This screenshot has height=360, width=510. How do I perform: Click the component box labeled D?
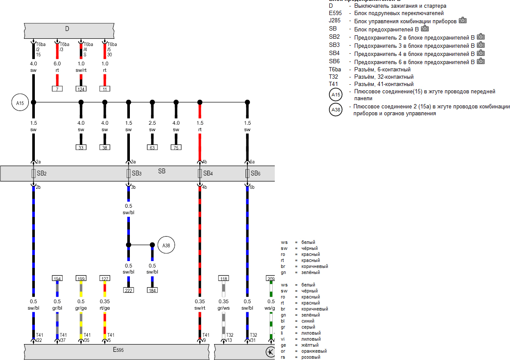(x=67, y=29)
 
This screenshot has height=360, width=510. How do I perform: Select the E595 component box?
(x=118, y=350)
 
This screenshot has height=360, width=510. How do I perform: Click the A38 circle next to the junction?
(x=166, y=245)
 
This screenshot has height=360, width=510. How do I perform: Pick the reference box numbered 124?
(x=81, y=89)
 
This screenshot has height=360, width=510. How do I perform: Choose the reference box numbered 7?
(x=57, y=89)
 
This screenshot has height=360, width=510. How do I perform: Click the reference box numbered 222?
(x=128, y=290)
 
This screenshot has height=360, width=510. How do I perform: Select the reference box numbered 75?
(x=176, y=148)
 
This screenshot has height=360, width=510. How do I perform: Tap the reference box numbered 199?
(x=81, y=278)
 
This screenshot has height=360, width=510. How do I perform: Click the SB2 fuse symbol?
(x=34, y=173)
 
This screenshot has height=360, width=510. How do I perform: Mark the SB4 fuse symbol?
(x=200, y=173)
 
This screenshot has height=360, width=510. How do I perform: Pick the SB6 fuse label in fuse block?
(x=255, y=174)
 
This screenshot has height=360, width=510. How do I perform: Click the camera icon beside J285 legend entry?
(x=462, y=20)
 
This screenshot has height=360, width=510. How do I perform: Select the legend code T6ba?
(x=335, y=69)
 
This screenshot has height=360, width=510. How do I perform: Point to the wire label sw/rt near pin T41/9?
(x=200, y=308)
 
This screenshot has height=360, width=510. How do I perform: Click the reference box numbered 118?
(x=224, y=278)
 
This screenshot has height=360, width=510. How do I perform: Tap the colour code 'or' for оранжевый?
(x=284, y=351)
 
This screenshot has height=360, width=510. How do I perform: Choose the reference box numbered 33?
(x=81, y=148)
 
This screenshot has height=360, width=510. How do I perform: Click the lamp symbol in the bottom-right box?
(x=270, y=352)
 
